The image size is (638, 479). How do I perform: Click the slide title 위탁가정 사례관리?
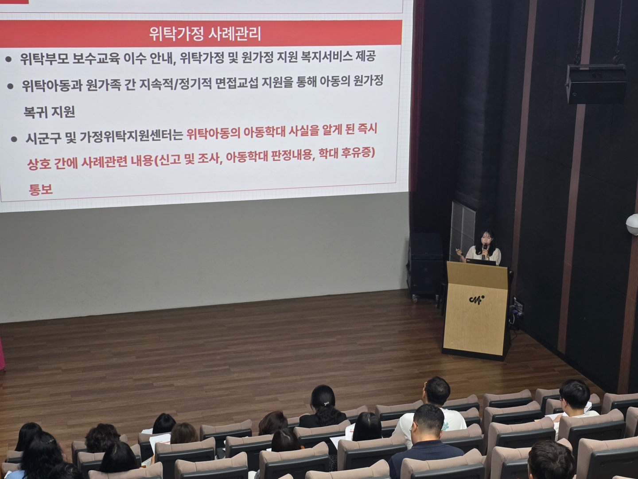pos(205,34)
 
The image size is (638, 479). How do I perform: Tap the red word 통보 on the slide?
pos(41,189)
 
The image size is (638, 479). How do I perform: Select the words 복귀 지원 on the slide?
pos(49,112)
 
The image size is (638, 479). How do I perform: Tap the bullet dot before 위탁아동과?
pos(11,86)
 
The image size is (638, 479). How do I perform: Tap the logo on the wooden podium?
pos(477,299)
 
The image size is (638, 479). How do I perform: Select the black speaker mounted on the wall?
pos(595,84)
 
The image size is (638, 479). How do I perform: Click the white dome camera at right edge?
pos(632,224)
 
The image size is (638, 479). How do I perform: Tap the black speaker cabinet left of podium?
pos(425,264)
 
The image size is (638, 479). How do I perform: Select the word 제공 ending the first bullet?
pos(365,56)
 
